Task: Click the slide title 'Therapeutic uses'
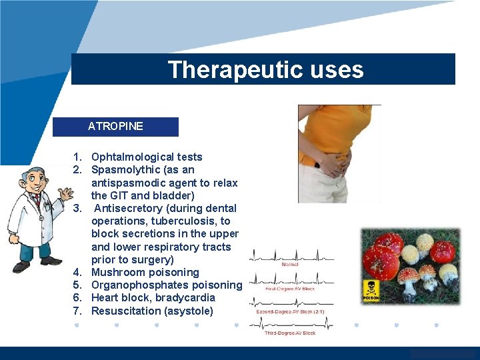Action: click(x=265, y=69)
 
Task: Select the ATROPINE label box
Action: click(x=115, y=126)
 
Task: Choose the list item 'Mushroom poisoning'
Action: click(x=145, y=272)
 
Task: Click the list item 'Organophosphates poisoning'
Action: click(x=166, y=285)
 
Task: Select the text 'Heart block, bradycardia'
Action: click(x=153, y=297)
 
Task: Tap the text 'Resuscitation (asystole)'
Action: click(x=152, y=311)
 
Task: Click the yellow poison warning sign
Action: click(x=371, y=290)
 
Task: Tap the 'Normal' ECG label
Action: click(x=290, y=264)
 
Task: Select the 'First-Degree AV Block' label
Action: click(x=290, y=288)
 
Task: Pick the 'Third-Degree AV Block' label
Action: click(x=290, y=333)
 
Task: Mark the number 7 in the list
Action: click(x=77, y=311)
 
